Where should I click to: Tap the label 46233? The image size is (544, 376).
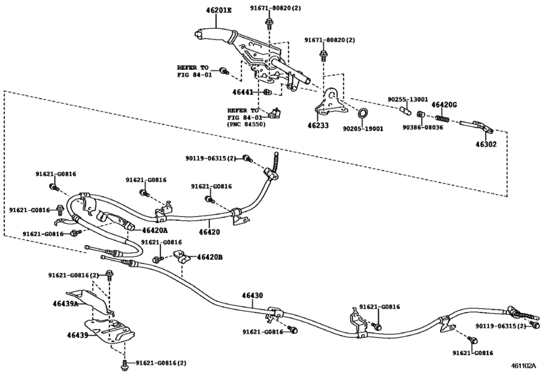point(318,126)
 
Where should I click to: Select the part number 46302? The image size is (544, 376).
point(486,144)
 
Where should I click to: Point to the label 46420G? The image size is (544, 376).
point(444,105)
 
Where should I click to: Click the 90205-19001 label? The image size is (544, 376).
point(364,129)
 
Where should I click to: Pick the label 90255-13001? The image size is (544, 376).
point(408,99)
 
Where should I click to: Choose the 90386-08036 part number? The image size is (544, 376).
point(423,128)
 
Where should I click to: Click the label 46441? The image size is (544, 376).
point(243,92)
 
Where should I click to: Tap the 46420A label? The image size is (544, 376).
point(154,230)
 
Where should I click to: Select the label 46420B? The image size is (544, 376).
point(209,257)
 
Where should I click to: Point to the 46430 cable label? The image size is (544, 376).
point(252,295)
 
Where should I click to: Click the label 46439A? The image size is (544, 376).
point(66,303)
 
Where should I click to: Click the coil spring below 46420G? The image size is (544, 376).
point(442,118)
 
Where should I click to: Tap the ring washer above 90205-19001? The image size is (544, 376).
point(362,113)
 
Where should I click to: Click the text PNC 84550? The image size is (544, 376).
point(246,124)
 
